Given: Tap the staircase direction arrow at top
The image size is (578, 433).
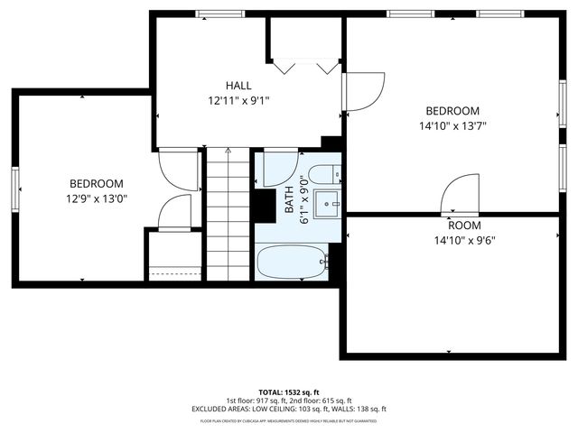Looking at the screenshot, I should (228, 152).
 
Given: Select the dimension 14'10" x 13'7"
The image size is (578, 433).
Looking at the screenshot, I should (452, 126).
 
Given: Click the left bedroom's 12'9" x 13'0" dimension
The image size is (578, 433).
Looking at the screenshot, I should (95, 199).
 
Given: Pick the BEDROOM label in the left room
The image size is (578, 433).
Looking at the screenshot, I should (96, 183).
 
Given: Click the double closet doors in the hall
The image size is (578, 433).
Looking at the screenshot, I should (304, 66).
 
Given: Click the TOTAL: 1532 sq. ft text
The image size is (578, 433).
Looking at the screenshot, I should (288, 392).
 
